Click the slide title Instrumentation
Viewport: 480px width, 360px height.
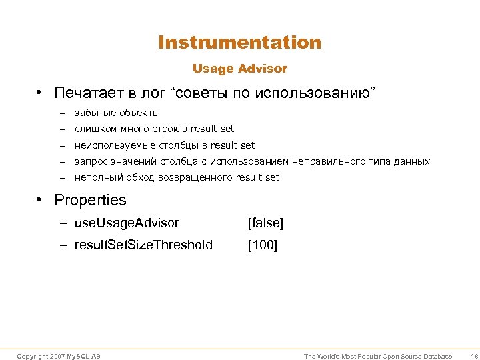[240, 43]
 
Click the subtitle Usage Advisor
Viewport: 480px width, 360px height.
[240, 69]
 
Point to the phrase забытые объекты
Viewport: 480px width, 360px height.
[117, 113]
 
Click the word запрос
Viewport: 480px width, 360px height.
[90, 161]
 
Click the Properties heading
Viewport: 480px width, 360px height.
[90, 200]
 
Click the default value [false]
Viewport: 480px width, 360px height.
[265, 223]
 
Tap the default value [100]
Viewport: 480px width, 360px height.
[263, 245]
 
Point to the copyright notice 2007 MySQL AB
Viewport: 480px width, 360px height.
[59, 357]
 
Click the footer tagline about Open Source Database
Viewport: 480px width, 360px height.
[378, 357]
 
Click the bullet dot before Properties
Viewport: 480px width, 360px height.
[41, 200]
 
